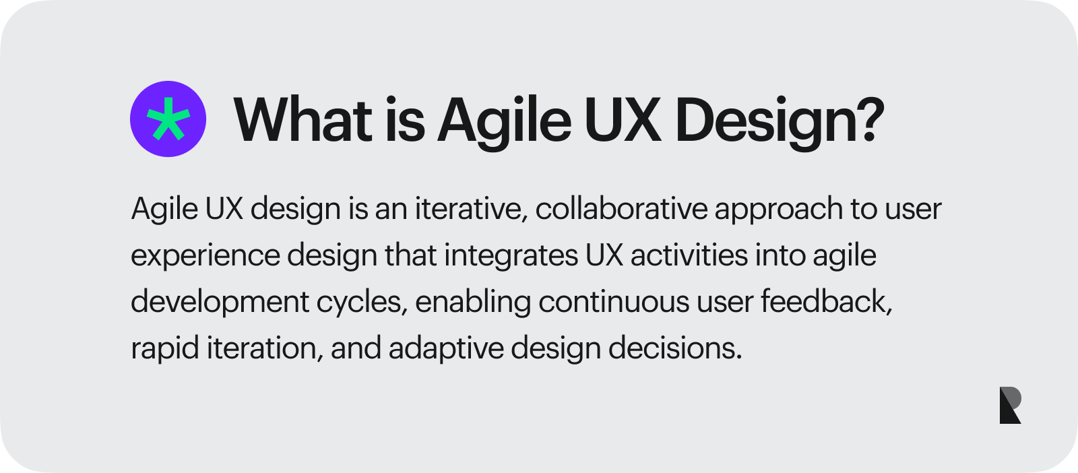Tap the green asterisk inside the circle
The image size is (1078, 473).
tap(168, 119)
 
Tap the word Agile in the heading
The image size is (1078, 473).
tap(505, 121)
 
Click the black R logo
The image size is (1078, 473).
tap(1010, 405)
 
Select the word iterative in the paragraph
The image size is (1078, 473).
tap(469, 209)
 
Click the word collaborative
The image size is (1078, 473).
tap(621, 209)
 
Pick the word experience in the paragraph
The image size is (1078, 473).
tap(205, 256)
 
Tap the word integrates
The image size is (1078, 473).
tap(511, 256)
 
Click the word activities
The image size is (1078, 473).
tap(689, 256)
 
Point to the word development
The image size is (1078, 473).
tap(220, 302)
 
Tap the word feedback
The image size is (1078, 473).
tap(826, 301)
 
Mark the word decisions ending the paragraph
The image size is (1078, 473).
tap(674, 348)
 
